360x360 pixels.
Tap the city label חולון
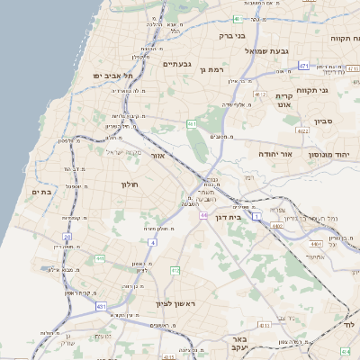(x=128, y=184)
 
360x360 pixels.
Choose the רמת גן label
(x=210, y=69)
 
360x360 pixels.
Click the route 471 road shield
(x=304, y=66)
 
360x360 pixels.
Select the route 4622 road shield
(x=302, y=131)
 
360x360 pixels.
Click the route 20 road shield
(x=67, y=236)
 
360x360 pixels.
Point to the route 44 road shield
(x=205, y=215)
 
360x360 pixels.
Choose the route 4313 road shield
(x=264, y=325)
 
